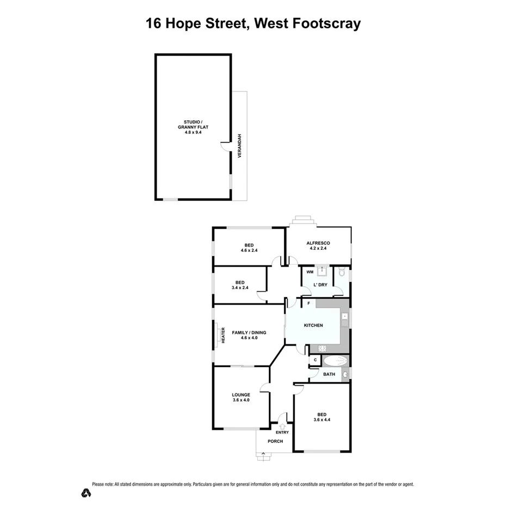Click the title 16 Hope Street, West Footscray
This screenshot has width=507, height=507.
[x=253, y=23]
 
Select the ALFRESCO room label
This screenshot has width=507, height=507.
[x=318, y=243]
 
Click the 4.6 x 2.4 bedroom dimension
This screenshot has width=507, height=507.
[x=249, y=251]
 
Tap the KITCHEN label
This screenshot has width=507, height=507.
[x=313, y=325]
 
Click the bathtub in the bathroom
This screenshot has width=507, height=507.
[x=335, y=361]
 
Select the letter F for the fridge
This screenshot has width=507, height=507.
[x=308, y=303]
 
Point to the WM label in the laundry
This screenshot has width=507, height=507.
[x=310, y=272]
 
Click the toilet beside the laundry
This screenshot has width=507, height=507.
[x=342, y=272]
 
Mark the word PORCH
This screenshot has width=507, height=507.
[x=275, y=441]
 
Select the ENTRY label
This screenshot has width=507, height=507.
[x=282, y=432]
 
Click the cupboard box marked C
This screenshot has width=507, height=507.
[x=315, y=360]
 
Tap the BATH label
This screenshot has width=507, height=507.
[x=329, y=374]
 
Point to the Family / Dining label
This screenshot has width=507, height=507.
[x=249, y=332]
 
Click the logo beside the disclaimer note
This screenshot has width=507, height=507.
[x=85, y=493]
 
